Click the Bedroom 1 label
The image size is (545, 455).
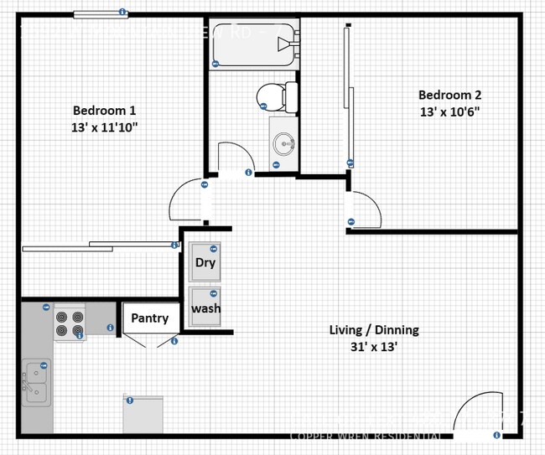tap(104, 110)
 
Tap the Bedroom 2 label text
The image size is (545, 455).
tap(449, 95)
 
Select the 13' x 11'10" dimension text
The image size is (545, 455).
tap(104, 127)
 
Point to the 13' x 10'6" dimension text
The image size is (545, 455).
tap(449, 111)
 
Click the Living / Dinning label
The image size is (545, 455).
tap(373, 330)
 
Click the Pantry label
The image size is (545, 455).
tap(149, 318)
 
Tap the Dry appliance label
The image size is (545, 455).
tap(205, 262)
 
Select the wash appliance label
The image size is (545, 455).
tap(205, 308)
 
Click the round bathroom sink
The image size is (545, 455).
tap(284, 144)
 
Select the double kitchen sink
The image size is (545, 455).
tap(35, 382)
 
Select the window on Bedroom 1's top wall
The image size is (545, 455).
tap(99, 13)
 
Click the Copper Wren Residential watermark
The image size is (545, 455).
tap(366, 437)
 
